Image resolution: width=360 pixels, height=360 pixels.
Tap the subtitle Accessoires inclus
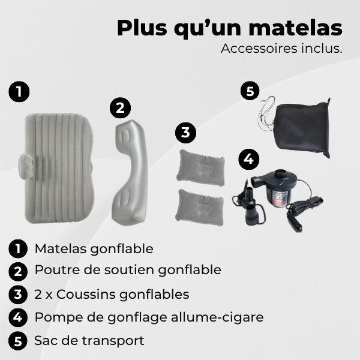coord(281,49)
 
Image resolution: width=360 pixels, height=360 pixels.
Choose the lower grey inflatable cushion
coord(201,206)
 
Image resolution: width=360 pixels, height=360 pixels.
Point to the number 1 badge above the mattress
coord(19,92)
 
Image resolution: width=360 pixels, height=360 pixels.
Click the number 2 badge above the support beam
coord(120,107)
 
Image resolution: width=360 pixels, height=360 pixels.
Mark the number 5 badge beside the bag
coord(250,92)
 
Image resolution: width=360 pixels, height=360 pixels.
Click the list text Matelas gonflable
coord(94,248)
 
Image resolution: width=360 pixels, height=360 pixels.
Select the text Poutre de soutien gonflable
coord(127,270)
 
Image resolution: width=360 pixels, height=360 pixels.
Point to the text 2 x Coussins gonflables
coord(112,294)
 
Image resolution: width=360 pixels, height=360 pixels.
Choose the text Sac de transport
coord(89,341)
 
